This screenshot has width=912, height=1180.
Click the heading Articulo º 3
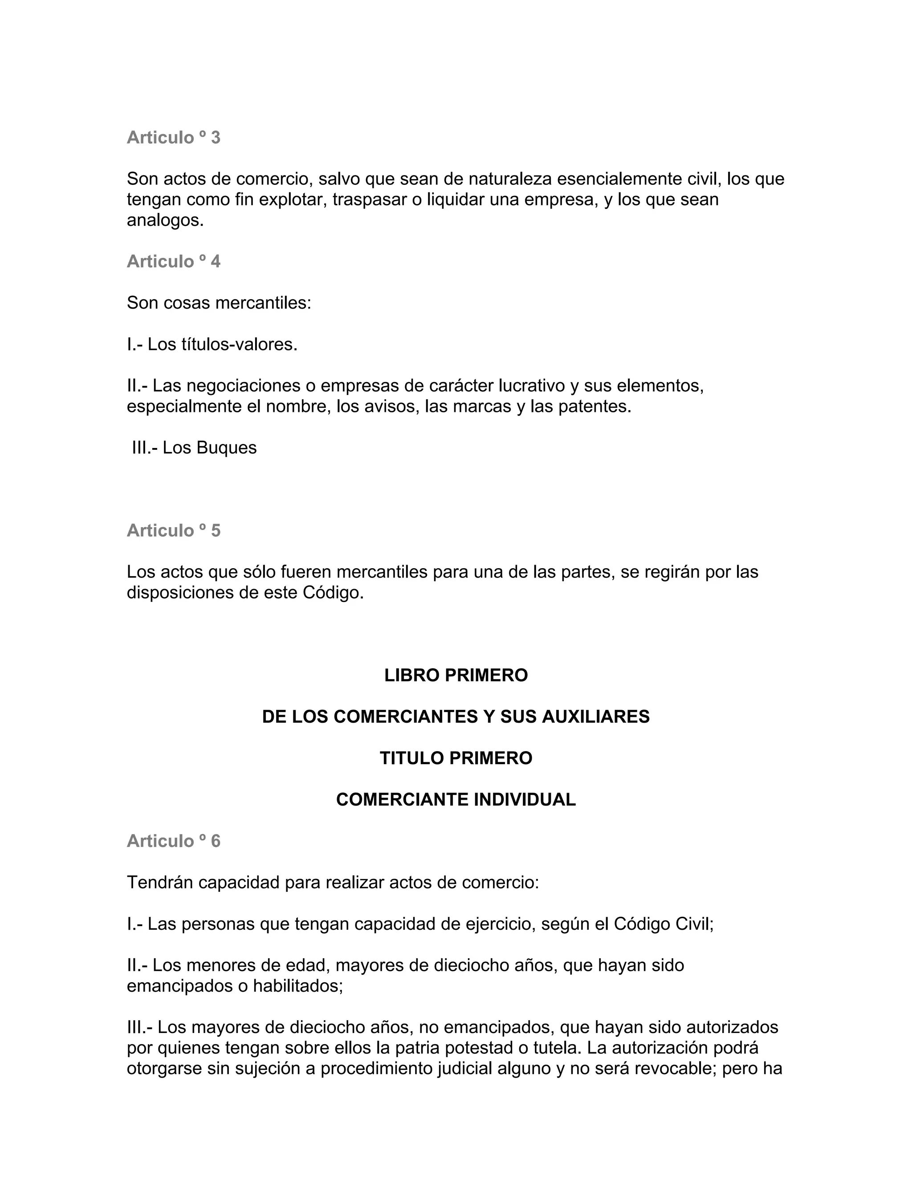[x=173, y=138]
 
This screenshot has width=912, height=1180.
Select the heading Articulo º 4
[x=173, y=261]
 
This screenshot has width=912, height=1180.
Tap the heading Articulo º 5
[x=173, y=531]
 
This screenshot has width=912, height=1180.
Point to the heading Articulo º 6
[x=173, y=841]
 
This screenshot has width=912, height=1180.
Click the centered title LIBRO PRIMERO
[x=456, y=675]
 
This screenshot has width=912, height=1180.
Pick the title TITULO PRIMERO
[x=456, y=758]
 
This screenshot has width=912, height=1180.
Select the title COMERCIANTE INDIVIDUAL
[x=456, y=800]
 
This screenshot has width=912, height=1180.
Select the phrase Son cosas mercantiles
[x=218, y=303]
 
